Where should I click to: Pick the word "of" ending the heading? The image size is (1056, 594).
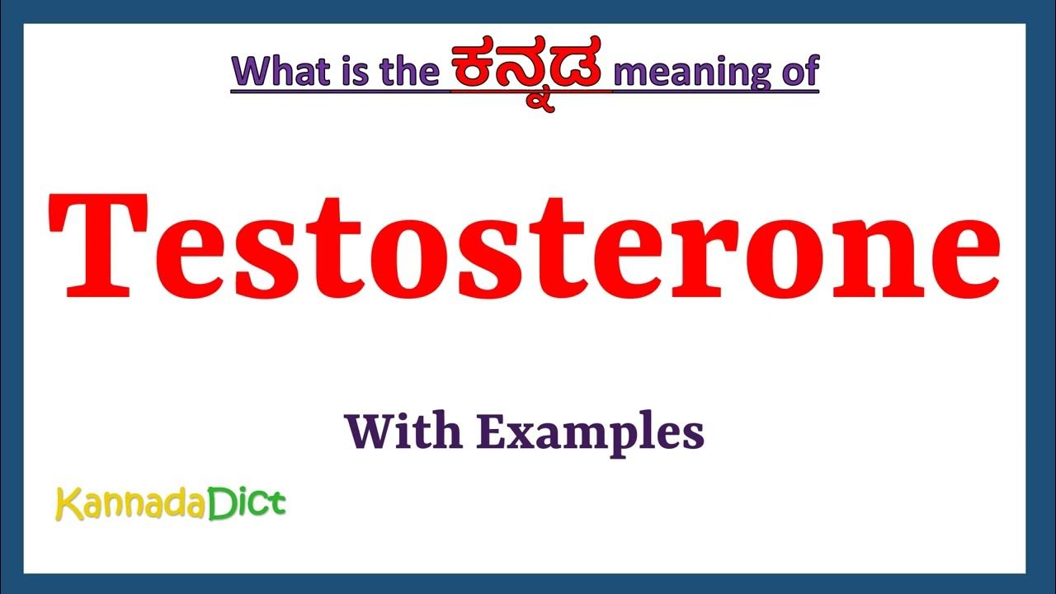pyautogui.click(x=797, y=71)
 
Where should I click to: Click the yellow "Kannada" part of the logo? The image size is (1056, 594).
pyautogui.click(x=129, y=503)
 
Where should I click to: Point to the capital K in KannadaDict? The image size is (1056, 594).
pyautogui.click(x=68, y=503)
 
